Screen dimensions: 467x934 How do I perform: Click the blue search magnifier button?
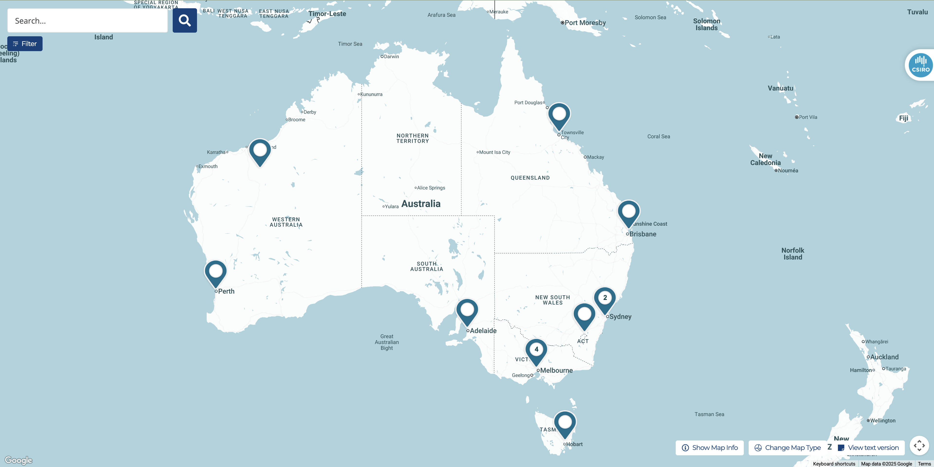(185, 21)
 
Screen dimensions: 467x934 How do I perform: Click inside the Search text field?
(87, 21)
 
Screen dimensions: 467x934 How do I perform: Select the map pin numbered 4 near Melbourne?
(536, 350)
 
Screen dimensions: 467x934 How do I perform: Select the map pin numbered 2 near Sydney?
(605, 298)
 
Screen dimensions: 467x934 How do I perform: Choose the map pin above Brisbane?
(629, 212)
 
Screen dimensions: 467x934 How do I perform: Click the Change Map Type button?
(788, 448)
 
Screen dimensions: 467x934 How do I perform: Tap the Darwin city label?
(391, 56)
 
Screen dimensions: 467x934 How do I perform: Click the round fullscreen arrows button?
(919, 445)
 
